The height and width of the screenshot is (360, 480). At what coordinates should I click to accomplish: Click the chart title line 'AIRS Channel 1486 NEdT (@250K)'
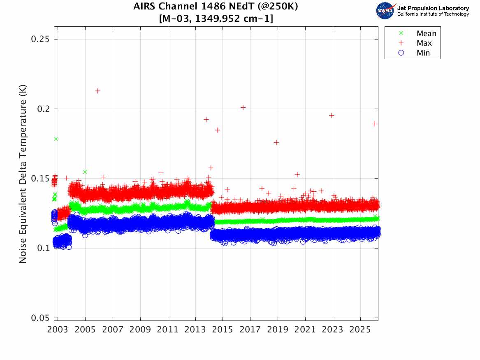coord(216,7)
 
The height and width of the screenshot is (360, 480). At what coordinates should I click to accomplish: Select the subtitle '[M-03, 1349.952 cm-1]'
coord(216,19)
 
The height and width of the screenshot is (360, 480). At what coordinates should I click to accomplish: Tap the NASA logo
coord(385,11)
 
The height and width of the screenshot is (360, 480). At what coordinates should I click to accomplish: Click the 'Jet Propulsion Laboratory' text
coord(433,8)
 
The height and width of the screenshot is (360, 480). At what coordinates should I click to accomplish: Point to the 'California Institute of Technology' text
coord(433,14)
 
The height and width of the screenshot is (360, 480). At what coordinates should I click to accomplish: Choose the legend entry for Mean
coord(418,33)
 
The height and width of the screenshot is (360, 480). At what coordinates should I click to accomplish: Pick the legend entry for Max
coord(416,43)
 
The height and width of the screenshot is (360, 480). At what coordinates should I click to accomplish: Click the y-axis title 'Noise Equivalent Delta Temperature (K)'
coord(23,174)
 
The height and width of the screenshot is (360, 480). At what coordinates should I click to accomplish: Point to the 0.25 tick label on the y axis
coord(40,39)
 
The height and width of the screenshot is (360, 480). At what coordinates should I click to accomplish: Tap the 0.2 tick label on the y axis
coord(43,109)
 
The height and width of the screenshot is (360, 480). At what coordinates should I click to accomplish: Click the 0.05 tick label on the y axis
coord(40,318)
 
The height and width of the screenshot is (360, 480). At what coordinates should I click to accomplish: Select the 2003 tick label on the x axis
coord(58,330)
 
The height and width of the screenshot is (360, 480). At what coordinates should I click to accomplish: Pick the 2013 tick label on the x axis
coord(195,330)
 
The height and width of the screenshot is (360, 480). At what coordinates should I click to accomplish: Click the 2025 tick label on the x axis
coord(360,330)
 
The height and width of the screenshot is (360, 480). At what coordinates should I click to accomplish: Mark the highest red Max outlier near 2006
coord(97,91)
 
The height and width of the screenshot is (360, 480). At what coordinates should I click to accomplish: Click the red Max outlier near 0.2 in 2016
coord(243,107)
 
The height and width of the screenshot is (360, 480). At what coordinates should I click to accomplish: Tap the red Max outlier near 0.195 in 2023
coord(332,116)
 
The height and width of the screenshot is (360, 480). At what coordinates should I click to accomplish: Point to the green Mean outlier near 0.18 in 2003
coord(56,139)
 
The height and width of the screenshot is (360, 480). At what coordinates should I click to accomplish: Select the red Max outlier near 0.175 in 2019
coord(276,142)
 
